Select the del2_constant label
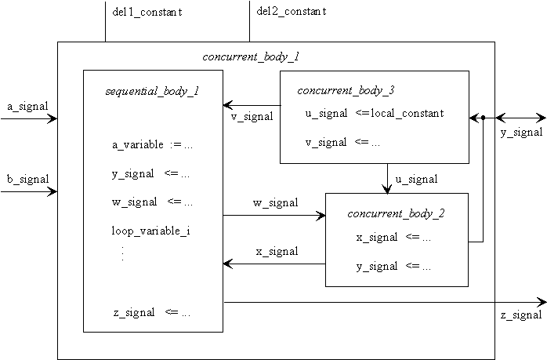(292, 12)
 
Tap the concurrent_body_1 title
(251, 57)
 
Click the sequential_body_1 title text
(152, 91)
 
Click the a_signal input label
(27, 106)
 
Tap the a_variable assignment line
(152, 145)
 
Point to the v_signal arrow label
(252, 117)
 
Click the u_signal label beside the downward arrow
(416, 179)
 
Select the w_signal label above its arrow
(275, 203)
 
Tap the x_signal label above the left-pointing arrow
(277, 252)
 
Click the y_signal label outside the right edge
(520, 132)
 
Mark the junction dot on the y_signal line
(484, 118)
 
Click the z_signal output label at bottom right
(520, 315)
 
